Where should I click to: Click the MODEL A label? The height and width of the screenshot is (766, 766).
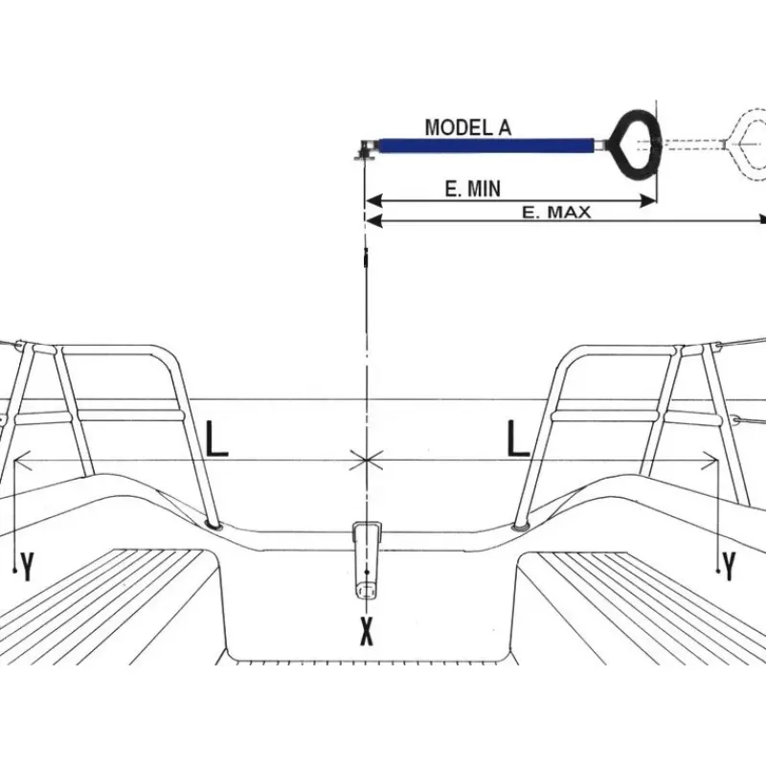pos(468,127)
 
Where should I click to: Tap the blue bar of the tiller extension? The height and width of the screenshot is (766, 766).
pos(486,146)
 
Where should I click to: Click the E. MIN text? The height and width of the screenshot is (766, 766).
pos(473,189)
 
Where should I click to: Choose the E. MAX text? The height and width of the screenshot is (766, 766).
pos(556,213)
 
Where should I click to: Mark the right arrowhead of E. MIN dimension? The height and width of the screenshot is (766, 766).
pos(648,200)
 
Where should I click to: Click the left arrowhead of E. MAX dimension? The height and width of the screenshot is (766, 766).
pos(374,221)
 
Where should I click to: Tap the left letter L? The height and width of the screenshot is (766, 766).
pos(216,439)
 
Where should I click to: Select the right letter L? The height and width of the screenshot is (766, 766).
pos(518,439)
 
